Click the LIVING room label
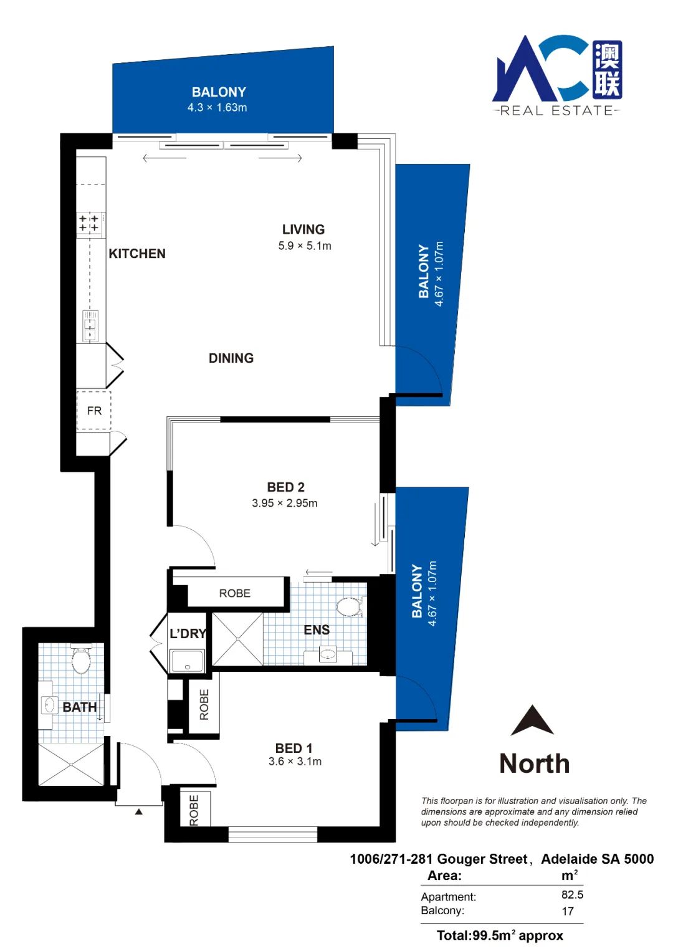coord(303,229)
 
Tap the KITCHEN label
coord(136,254)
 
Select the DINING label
coord(231,358)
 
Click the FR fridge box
coord(94,411)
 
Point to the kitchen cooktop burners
coord(89,223)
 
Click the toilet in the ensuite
coord(350,607)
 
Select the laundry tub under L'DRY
coord(187,661)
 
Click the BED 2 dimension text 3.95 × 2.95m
coord(285,503)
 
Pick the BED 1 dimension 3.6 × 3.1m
coord(295,761)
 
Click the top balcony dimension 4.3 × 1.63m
coord(217,107)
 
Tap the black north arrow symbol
coord(532,720)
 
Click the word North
coord(534,764)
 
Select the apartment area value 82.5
coord(572,894)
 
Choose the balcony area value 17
coord(568,911)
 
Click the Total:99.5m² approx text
coord(500,935)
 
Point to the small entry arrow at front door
coord(138,812)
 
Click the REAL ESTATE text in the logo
coord(556,111)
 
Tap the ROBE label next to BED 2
coord(234,593)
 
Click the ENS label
coord(317,629)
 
